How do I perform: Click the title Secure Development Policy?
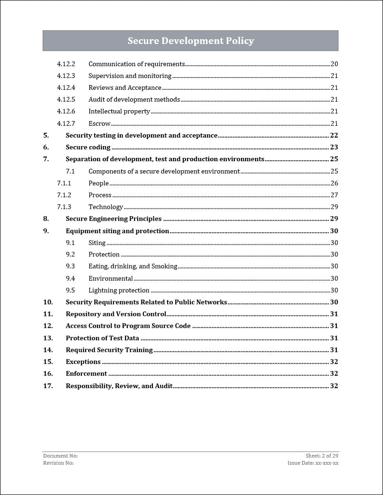190,41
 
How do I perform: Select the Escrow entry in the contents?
99,123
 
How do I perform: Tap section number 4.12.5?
66,99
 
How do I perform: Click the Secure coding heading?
88,147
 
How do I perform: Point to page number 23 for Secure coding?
334,147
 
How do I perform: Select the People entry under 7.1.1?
98,183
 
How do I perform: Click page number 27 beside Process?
334,195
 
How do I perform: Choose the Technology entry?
106,207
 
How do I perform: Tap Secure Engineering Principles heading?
114,218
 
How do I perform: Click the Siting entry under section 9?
97,243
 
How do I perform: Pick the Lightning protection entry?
119,290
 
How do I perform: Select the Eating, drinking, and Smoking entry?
133,266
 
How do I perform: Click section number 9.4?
71,278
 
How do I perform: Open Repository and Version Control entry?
116,314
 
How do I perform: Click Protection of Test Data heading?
102,338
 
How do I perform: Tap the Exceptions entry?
83,362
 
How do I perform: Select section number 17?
48,386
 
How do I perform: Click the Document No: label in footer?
60,456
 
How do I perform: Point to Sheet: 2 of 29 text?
322,456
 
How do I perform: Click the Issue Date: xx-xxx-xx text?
313,463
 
